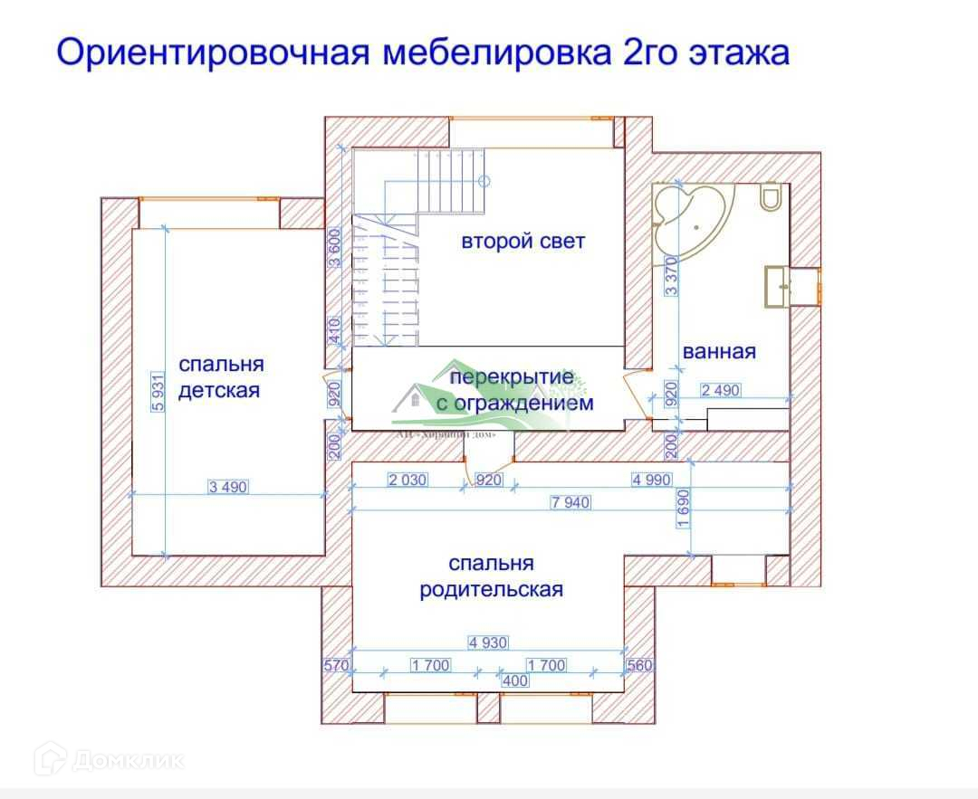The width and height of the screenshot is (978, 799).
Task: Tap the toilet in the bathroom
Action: [771, 196]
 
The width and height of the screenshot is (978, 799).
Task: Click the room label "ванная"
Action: [719, 351]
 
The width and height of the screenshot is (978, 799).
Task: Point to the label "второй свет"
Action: [523, 242]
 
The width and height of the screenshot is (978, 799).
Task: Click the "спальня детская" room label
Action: [220, 377]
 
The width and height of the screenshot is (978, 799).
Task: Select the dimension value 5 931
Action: [158, 392]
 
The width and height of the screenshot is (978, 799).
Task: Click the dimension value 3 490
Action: [227, 487]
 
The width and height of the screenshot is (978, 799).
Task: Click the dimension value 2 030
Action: [407, 480]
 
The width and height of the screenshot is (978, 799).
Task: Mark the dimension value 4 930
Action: [488, 642]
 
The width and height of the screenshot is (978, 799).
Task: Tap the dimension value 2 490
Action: [721, 390]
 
